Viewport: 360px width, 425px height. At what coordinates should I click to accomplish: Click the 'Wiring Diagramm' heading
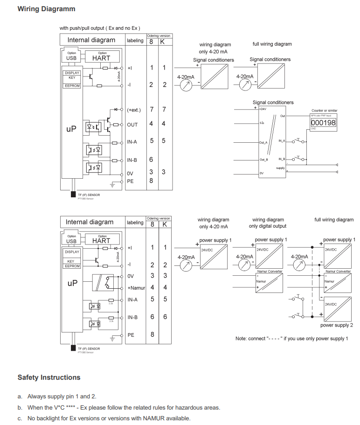(x=46, y=9)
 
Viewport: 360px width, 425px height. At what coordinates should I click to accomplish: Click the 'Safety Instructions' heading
(x=49, y=377)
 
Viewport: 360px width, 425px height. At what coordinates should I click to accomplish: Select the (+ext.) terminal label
(x=134, y=110)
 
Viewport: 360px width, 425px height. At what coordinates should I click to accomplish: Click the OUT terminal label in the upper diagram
(x=132, y=125)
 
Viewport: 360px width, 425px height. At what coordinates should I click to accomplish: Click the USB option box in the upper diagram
(x=71, y=58)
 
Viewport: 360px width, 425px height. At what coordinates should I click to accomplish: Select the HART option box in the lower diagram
(x=101, y=241)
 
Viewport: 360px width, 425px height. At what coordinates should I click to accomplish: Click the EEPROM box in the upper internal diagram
(x=72, y=86)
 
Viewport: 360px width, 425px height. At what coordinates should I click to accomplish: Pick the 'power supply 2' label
(x=336, y=325)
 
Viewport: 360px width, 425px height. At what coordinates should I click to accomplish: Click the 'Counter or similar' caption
(x=324, y=111)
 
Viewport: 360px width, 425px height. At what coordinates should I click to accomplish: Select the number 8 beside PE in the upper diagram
(x=151, y=180)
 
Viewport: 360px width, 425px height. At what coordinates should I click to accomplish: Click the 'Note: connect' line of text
(x=291, y=338)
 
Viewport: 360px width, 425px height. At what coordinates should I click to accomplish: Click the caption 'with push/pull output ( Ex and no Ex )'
(x=100, y=28)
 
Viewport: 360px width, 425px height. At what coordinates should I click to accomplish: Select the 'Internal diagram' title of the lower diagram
(x=90, y=222)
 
